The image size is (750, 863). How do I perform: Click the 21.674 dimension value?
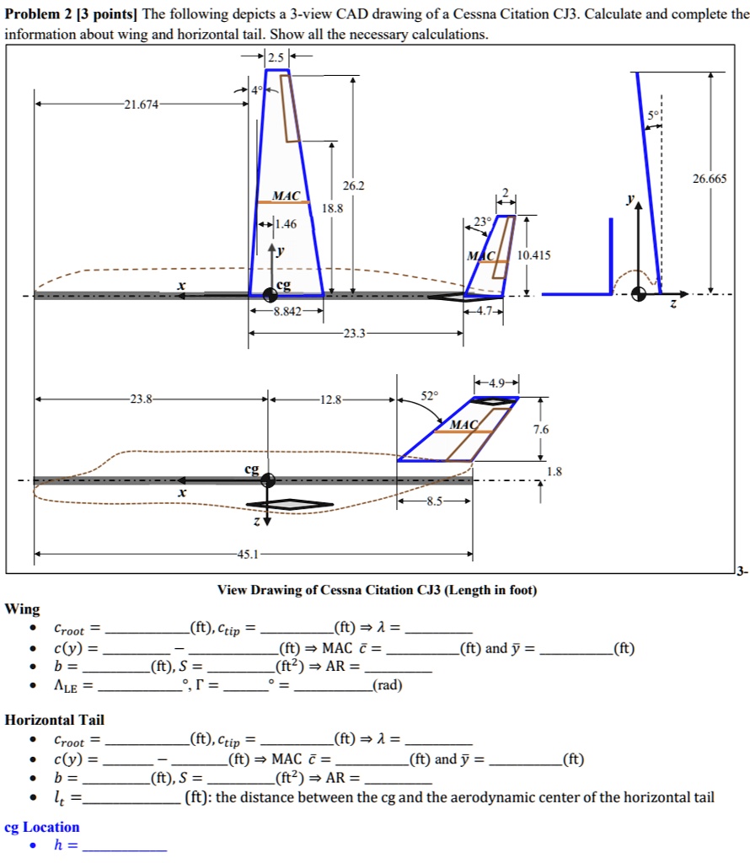point(140,105)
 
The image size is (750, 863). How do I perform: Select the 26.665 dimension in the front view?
point(710,180)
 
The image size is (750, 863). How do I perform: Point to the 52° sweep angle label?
point(429,394)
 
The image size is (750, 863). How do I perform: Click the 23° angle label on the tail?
point(483,222)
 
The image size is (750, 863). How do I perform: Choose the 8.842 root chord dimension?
point(286,311)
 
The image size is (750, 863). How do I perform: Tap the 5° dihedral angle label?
point(654,115)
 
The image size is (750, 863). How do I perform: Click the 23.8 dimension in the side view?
point(142,399)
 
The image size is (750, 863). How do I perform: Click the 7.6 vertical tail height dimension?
point(540,429)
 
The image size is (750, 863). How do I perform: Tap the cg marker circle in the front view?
point(640,294)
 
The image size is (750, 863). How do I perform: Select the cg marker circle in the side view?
point(268,480)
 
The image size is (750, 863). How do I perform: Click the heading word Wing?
point(22,608)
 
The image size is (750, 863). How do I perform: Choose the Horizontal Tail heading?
point(55,720)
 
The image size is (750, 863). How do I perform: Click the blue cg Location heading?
point(42,827)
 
